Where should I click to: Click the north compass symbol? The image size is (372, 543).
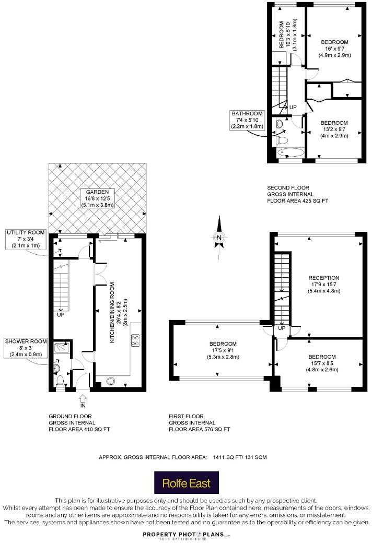219,238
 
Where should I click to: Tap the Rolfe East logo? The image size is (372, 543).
186,482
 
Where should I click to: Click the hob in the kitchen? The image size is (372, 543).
135,340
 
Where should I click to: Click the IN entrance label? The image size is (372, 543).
83,405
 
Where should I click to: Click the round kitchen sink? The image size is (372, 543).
110,381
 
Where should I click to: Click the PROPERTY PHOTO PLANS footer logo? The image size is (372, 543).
186,535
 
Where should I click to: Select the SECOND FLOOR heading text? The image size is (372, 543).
288,187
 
